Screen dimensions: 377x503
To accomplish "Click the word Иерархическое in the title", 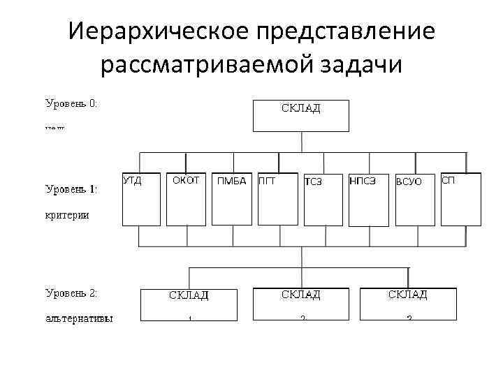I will pyautogui.click(x=159, y=31).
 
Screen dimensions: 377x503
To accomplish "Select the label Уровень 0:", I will pyautogui.click(x=71, y=103).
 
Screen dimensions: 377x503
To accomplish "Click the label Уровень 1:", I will pyautogui.click(x=71, y=188).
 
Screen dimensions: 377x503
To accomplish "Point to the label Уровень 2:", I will pyautogui.click(x=71, y=294).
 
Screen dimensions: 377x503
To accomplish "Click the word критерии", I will pyautogui.click(x=67, y=215).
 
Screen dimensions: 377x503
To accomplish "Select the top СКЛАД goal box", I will pyautogui.click(x=300, y=115).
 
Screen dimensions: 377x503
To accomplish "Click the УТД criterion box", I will pyautogui.click(x=142, y=199).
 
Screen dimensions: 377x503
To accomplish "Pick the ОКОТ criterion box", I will pyautogui.click(x=186, y=199).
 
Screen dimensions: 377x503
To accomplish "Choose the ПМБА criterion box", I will pyautogui.click(x=231, y=199).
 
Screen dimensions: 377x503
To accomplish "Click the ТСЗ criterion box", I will pyautogui.click(x=322, y=199).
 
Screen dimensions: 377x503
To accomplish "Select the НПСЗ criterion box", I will pyautogui.click(x=368, y=199).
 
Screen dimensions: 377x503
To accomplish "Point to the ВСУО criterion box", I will pyautogui.click(x=414, y=199).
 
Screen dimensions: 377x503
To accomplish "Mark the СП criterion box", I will pyautogui.click(x=460, y=199).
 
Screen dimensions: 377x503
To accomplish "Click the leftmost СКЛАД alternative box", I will pyautogui.click(x=189, y=304).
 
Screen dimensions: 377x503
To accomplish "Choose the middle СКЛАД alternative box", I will pyautogui.click(x=300, y=304).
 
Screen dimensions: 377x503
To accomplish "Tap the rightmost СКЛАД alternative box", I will pyautogui.click(x=408, y=304).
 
